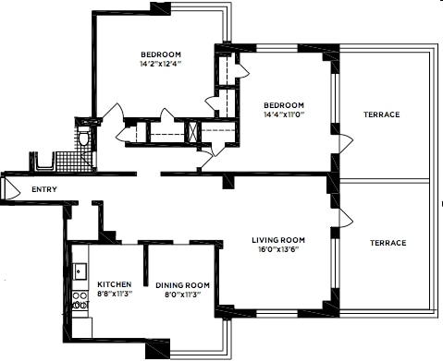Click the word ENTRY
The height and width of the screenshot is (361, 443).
(45, 190)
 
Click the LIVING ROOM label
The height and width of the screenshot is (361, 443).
(278, 240)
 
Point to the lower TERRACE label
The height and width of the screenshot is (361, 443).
(388, 243)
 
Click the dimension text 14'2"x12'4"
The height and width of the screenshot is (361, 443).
(160, 65)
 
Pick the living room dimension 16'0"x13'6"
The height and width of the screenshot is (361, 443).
(278, 250)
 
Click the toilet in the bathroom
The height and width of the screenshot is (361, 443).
(83, 138)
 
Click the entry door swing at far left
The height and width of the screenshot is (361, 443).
(10, 190)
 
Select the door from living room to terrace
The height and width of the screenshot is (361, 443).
(345, 218)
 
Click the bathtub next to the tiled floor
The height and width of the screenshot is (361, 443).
(43, 162)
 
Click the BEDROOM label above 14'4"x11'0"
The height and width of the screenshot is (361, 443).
(282, 103)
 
